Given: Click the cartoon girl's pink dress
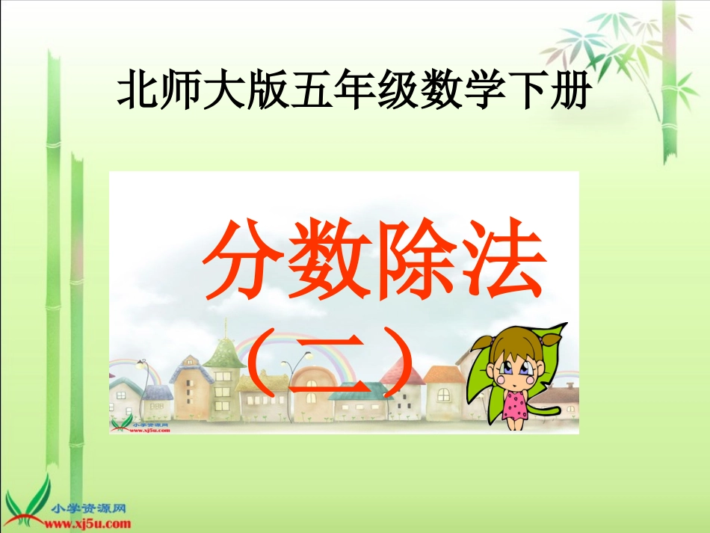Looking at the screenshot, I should point(515,404).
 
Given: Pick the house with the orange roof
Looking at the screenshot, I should point(443,389).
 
